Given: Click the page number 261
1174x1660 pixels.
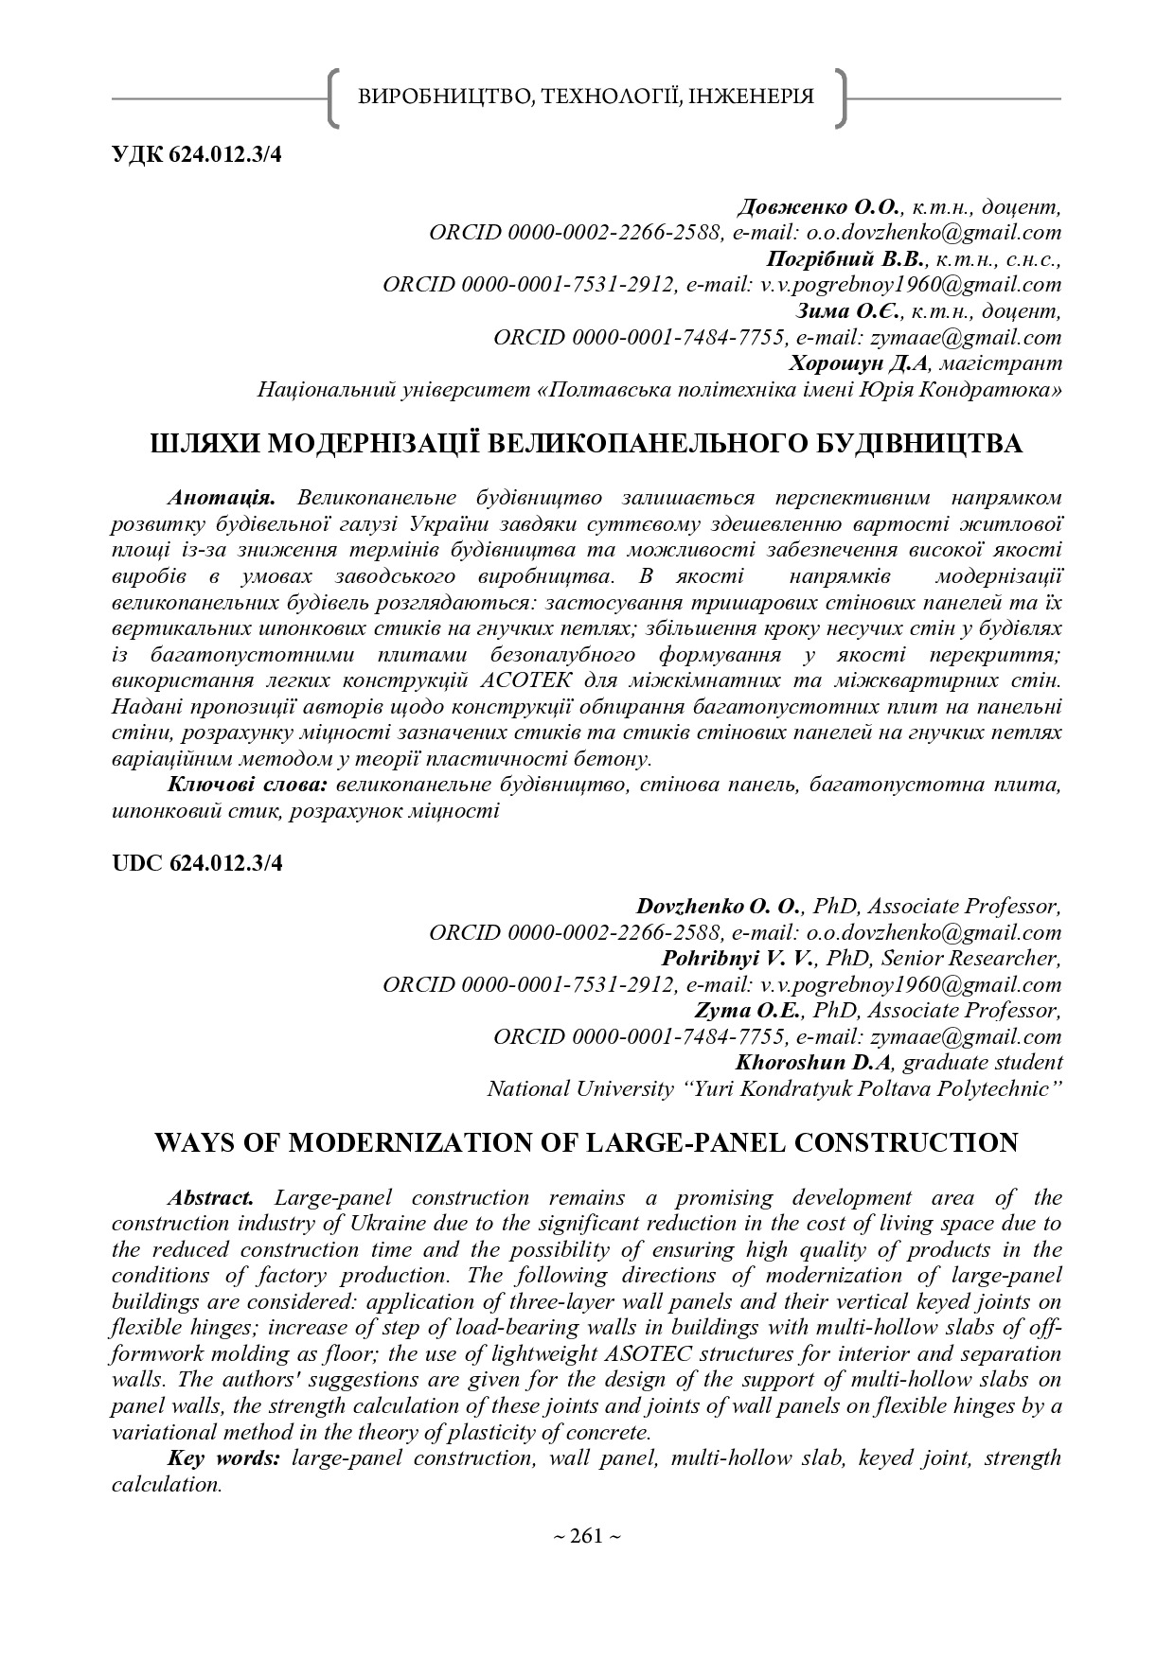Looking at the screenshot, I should (587, 1536).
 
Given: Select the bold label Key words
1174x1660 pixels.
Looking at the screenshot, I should (223, 1457).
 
